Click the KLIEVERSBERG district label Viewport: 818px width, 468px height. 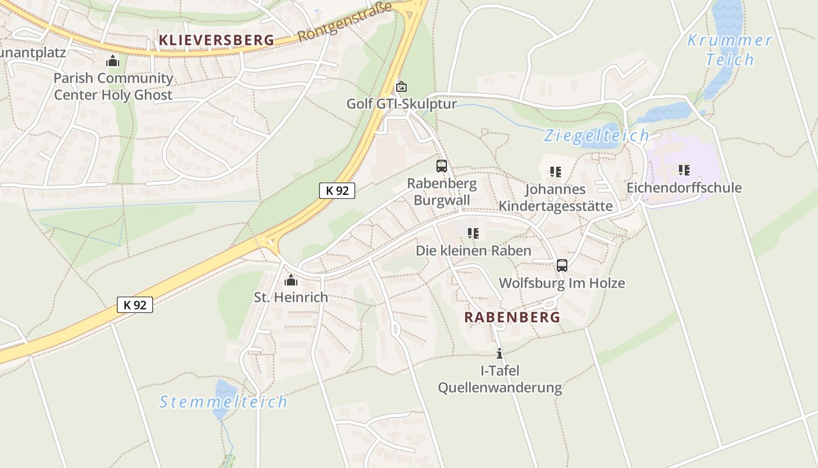coord(216,40)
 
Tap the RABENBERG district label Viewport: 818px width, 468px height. coord(512,317)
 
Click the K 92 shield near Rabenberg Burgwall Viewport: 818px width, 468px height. coord(337,190)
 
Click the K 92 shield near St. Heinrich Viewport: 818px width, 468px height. coord(135,305)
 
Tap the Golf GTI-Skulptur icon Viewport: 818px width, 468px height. coord(401,87)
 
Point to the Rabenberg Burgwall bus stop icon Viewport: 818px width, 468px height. coord(442,166)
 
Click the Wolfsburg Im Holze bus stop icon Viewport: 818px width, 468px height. coord(561,266)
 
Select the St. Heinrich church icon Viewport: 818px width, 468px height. coord(291,280)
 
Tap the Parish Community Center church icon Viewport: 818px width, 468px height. coord(113,60)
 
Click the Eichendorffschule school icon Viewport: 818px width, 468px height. coord(684,170)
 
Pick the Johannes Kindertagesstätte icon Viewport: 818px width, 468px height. coord(555,172)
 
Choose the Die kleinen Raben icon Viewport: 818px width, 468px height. coord(473,233)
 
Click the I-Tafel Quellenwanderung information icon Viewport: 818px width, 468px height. coord(500,353)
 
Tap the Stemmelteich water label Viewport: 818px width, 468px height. coord(224,402)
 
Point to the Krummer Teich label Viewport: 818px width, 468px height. coord(729,50)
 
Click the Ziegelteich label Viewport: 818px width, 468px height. coord(596,136)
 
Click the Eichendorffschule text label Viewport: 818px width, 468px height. coord(684,188)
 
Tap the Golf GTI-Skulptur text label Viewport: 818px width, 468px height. coord(401,104)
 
